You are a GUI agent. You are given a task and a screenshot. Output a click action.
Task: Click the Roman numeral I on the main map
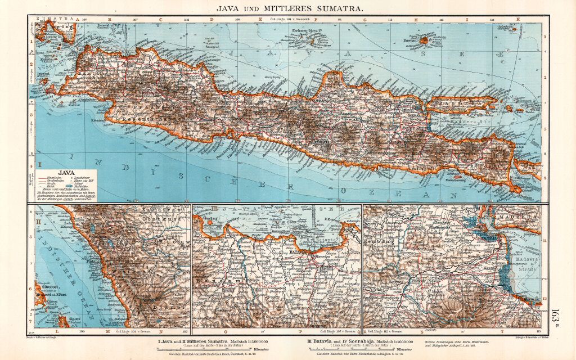click(x=40, y=165)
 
